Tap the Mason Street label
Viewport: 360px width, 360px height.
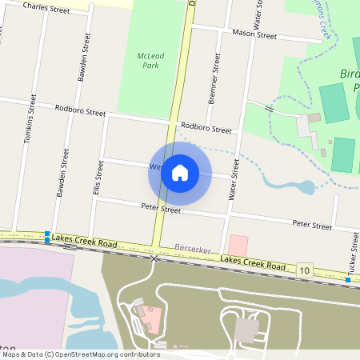click(x=254, y=34)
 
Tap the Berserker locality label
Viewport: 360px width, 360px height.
click(x=192, y=250)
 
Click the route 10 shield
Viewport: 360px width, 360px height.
click(x=304, y=270)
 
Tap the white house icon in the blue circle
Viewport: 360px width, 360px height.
click(x=180, y=173)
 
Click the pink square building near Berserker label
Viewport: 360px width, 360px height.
click(x=238, y=246)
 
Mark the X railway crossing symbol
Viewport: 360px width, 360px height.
click(x=155, y=258)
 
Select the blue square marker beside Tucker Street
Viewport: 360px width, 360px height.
click(x=348, y=280)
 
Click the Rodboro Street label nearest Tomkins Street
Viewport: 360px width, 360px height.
click(x=80, y=110)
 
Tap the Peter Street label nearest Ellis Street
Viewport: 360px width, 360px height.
click(x=138, y=208)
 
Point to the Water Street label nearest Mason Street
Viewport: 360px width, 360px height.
click(x=258, y=24)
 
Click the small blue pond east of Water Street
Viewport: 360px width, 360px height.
click(x=306, y=189)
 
